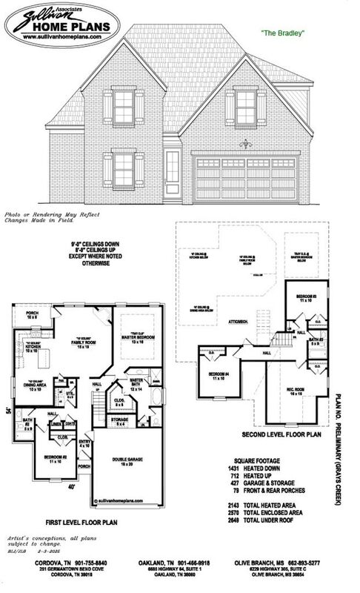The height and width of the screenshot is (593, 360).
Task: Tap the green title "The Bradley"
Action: (x=283, y=33)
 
